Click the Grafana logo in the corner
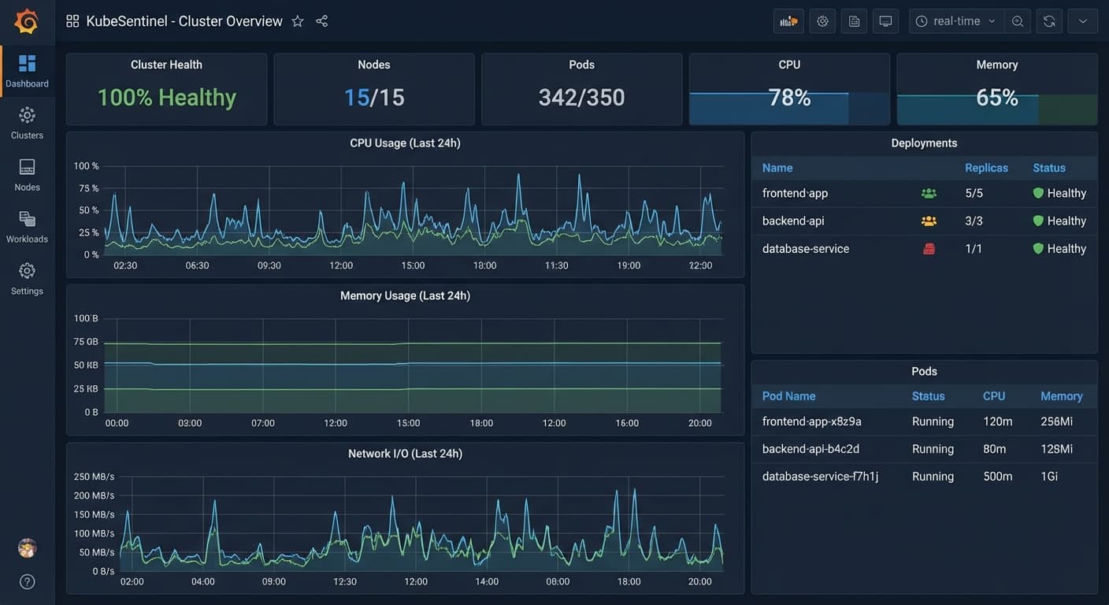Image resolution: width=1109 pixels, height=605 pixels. coord(26,21)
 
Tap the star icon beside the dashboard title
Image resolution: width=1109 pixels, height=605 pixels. coord(298,21)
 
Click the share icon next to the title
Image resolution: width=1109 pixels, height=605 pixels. coord(322,21)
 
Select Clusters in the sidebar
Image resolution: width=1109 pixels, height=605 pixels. coord(28,123)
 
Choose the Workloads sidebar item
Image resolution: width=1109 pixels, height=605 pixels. coord(28,227)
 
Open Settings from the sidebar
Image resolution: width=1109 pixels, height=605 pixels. coord(28,279)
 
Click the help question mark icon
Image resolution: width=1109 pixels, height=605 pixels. coord(28,581)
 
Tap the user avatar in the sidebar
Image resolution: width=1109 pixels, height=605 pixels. coord(28,548)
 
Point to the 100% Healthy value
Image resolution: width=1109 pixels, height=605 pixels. coord(167,98)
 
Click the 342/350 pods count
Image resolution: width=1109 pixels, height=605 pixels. coord(582,98)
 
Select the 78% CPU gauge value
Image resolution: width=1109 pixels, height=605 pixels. coord(790,98)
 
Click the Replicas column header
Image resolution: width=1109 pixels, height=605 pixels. coord(986,168)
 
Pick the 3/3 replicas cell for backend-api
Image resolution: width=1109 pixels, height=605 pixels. coord(974,221)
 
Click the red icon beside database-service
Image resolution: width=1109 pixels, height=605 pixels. coord(929,248)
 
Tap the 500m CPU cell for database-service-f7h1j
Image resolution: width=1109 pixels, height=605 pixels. coord(998,477)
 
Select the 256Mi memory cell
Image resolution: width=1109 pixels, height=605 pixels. coord(1056,421)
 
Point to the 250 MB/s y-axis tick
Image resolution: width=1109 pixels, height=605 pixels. coord(94,477)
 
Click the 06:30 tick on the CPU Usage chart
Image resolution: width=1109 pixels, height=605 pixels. coord(197,265)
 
